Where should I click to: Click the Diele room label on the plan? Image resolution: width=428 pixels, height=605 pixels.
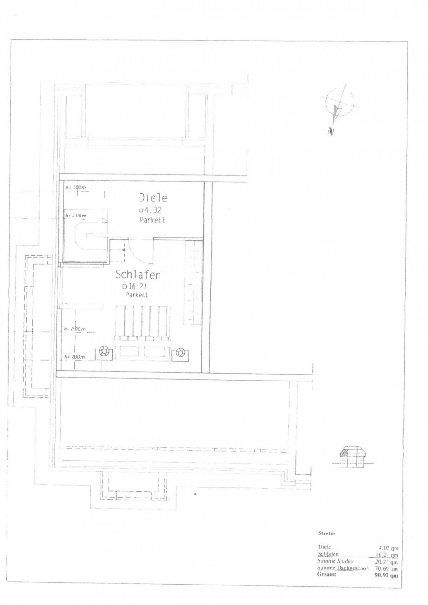coord(153,197)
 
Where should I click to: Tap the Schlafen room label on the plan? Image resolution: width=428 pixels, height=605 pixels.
coord(138,275)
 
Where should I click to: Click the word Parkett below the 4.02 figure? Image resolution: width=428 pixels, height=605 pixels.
coord(152,220)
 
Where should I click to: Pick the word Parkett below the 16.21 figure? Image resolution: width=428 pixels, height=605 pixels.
coord(137,295)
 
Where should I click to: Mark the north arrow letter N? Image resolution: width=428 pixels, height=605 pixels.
coord(331,132)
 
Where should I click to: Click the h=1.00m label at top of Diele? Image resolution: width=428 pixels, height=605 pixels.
coord(75,187)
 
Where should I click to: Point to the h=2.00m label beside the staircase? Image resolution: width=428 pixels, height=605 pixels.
coord(75,216)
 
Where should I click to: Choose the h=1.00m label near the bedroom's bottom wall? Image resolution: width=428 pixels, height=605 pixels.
coord(75,356)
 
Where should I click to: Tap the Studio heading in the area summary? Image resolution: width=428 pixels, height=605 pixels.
coord(327,533)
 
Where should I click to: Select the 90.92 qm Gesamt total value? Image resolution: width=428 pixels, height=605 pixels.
coord(388,575)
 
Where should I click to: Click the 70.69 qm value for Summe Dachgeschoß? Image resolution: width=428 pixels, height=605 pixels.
coord(388,568)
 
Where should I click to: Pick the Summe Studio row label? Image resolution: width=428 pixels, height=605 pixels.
coord(332,561)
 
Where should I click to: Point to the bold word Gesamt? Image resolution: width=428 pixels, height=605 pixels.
coord(328,575)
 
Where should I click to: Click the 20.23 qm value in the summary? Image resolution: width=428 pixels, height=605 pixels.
coord(388,561)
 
